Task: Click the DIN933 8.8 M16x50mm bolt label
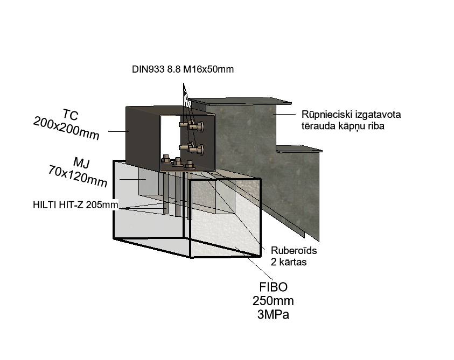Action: pyautogui.click(x=183, y=69)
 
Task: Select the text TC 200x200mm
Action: pyautogui.click(x=67, y=124)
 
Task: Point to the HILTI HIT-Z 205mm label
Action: pyautogui.click(x=75, y=204)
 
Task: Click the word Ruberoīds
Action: pyautogui.click(x=294, y=250)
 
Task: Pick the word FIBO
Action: pyautogui.click(x=273, y=287)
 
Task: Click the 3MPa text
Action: pyautogui.click(x=273, y=314)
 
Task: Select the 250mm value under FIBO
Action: pyautogui.click(x=273, y=301)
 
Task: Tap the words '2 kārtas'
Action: pyautogui.click(x=289, y=262)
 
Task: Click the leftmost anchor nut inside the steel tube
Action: pyautogui.click(x=166, y=159)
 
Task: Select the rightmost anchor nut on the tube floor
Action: pyautogui.click(x=190, y=165)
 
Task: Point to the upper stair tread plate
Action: pyautogui.click(x=240, y=101)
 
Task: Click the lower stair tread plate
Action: pyautogui.click(x=299, y=149)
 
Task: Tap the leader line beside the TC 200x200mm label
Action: pyautogui.click(x=118, y=131)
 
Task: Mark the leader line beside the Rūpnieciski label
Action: pyautogui.click(x=284, y=114)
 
